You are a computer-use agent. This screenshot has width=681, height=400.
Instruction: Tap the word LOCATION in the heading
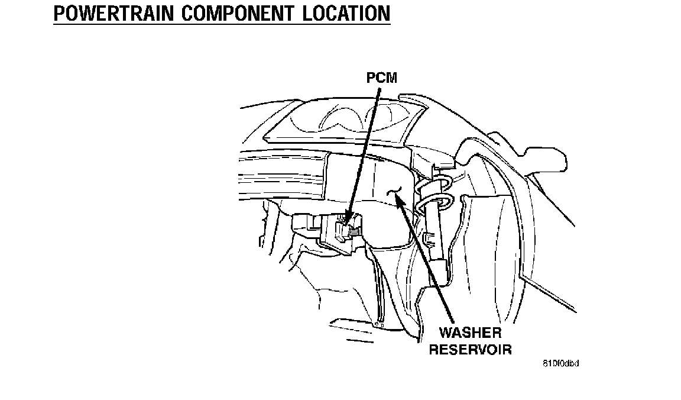[346, 12]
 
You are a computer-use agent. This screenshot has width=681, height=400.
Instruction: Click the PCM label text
[381, 78]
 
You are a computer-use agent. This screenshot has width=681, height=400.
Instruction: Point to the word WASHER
[471, 333]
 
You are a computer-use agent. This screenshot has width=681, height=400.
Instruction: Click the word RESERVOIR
[470, 349]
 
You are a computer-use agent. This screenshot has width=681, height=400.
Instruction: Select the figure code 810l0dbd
[560, 363]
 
